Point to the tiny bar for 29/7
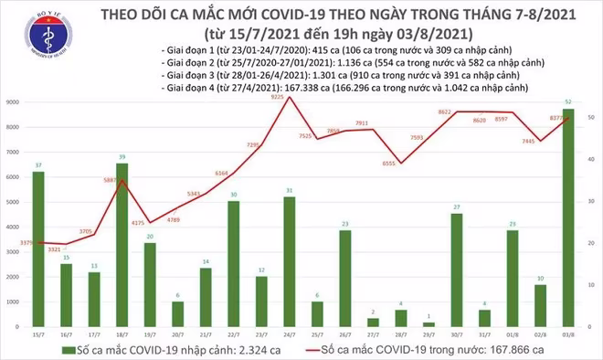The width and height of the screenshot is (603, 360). click(428, 324)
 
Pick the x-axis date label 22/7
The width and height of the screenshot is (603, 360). click(234, 335)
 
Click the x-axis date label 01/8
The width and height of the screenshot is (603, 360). click(513, 335)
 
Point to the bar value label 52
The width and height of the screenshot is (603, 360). click(569, 101)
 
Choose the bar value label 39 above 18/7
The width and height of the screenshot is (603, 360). click(122, 157)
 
